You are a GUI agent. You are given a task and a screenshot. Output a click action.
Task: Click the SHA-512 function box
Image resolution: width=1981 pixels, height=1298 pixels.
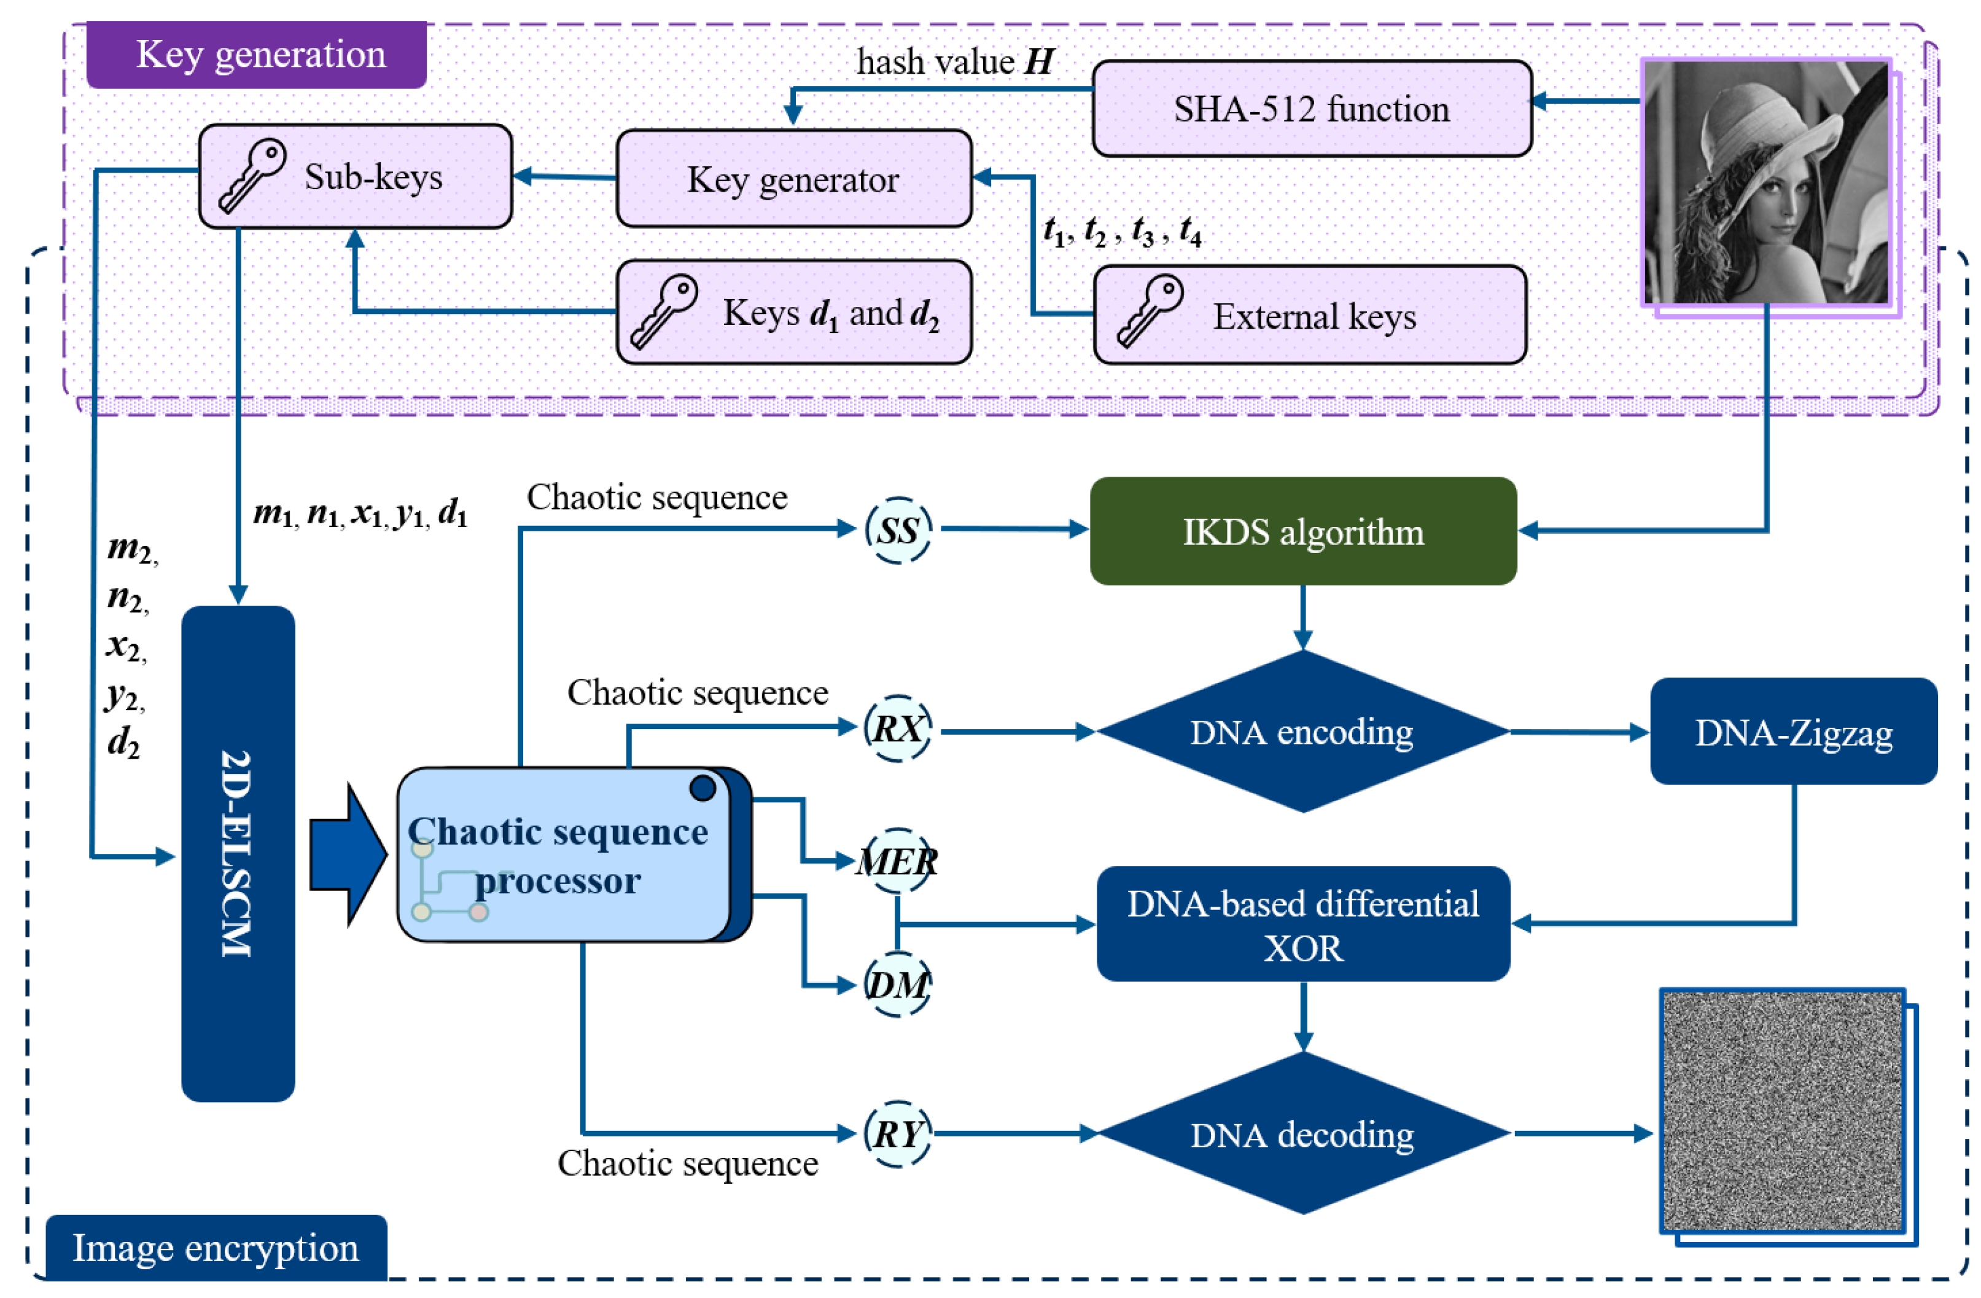point(1311,108)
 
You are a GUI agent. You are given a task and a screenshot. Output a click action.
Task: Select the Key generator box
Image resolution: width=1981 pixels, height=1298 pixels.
point(793,178)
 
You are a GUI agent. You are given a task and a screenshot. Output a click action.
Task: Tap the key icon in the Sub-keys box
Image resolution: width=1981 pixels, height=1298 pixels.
point(251,176)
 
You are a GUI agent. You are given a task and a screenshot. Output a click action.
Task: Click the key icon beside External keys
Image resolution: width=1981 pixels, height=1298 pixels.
point(1150,311)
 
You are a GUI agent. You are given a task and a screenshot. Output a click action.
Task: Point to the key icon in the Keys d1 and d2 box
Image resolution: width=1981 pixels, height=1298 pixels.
point(663,311)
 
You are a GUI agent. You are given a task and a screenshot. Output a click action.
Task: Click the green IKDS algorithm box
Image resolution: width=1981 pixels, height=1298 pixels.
point(1302,531)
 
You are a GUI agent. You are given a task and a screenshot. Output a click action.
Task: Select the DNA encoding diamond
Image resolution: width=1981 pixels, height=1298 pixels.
point(1302,732)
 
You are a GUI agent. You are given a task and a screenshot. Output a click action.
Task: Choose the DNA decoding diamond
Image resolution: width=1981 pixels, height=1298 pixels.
point(1302,1134)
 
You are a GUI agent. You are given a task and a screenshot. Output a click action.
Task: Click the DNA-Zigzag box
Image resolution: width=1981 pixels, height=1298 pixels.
point(1793,732)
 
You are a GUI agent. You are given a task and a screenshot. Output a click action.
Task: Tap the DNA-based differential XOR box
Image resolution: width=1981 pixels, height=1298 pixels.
point(1302,924)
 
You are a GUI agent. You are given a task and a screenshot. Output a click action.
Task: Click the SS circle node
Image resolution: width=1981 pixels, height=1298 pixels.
point(897,530)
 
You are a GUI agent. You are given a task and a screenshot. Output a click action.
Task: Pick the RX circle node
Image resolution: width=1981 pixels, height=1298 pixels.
point(897,729)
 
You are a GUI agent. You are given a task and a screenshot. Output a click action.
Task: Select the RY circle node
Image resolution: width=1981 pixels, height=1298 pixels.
point(897,1133)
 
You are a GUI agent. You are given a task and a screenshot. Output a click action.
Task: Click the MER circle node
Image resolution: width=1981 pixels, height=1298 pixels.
point(897,861)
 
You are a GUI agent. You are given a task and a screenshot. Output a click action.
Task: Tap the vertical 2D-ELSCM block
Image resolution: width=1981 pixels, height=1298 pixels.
point(238,853)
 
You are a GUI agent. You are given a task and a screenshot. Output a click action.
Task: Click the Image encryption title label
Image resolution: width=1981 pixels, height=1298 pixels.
point(216,1247)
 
